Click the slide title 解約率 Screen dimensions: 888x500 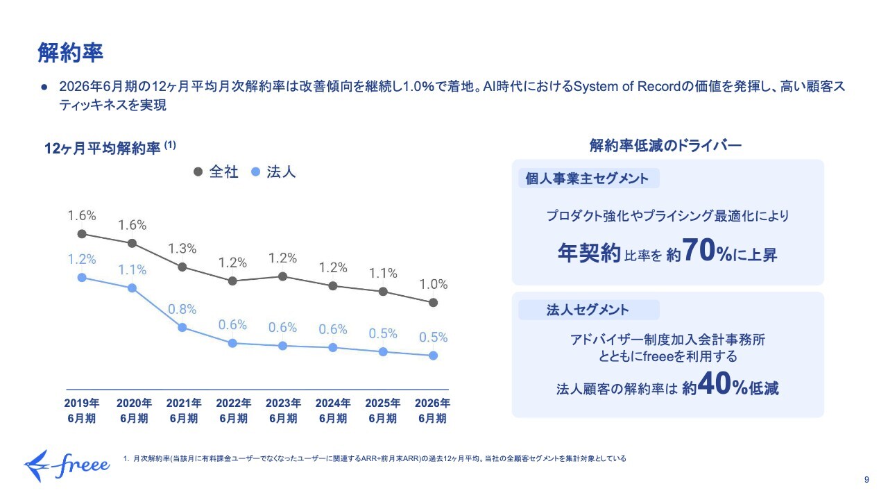71,53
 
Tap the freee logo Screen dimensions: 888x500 67,466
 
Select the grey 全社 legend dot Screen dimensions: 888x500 198,172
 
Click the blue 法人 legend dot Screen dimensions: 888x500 256,172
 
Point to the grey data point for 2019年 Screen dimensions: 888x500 82,234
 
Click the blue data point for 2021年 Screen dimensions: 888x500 182,328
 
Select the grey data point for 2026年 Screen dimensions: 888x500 434,303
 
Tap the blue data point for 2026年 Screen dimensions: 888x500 434,356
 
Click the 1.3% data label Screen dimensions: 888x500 182,249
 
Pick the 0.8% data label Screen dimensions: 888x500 182,309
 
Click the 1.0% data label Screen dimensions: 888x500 434,284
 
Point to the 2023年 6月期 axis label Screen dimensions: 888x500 283,410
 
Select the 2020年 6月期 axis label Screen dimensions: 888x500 134,410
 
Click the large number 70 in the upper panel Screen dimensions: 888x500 699,251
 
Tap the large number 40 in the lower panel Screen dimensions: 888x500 715,384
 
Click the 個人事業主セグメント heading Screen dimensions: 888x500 587,178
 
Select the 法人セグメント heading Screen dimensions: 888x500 588,310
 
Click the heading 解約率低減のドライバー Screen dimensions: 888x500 665,146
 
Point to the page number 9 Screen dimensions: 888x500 866,480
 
